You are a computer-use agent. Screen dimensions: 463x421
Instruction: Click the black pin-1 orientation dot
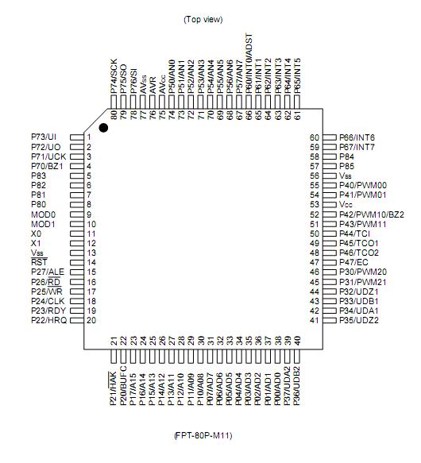pyautogui.click(x=103, y=128)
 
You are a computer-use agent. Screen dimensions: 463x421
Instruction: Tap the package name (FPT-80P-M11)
pyautogui.click(x=203, y=435)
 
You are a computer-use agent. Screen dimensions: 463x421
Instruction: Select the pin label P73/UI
pyautogui.click(x=44, y=137)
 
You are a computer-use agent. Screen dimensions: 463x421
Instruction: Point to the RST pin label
pyautogui.click(x=39, y=262)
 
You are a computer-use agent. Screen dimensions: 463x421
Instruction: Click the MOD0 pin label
pyautogui.click(x=43, y=214)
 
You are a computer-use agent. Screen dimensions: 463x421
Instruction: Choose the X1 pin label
pyautogui.click(x=37, y=243)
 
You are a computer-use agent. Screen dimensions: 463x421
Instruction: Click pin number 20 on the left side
pyautogui.click(x=91, y=320)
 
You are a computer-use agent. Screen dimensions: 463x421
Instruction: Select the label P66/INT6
pyautogui.click(x=357, y=137)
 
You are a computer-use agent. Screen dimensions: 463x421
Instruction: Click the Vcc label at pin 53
pyautogui.click(x=346, y=205)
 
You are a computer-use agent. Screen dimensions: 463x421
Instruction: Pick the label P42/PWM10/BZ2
pyautogui.click(x=372, y=214)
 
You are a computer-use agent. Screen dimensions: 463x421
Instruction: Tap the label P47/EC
pyautogui.click(x=353, y=262)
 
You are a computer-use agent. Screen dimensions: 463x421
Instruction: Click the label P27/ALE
pyautogui.click(x=46, y=272)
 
